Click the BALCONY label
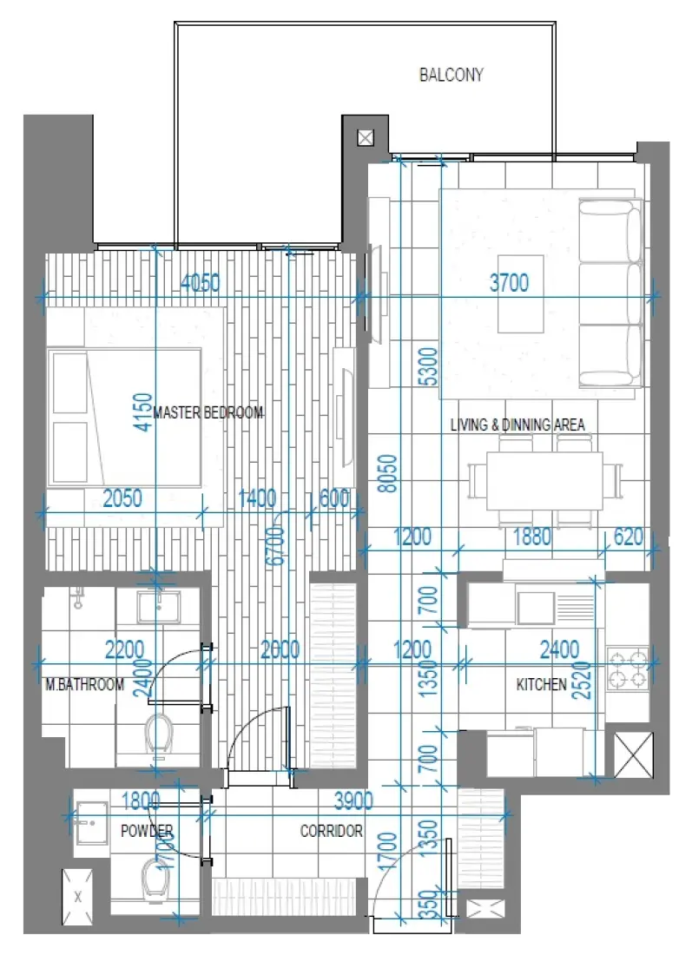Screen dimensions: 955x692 click(451, 76)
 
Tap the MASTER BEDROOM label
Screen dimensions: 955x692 click(208, 413)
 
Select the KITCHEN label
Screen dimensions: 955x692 click(542, 685)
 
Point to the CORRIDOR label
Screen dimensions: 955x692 click(331, 831)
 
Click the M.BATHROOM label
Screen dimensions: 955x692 click(85, 685)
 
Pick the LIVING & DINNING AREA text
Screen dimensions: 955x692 click(517, 425)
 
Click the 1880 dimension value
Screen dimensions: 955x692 click(531, 537)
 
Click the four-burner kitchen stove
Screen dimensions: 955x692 click(627, 666)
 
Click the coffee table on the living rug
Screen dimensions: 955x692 click(521, 293)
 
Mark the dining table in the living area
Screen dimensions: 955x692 click(544, 479)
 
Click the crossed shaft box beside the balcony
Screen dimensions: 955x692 click(365, 138)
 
